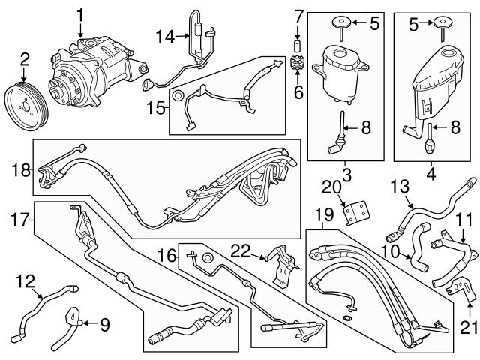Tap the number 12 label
coord(25,281)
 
